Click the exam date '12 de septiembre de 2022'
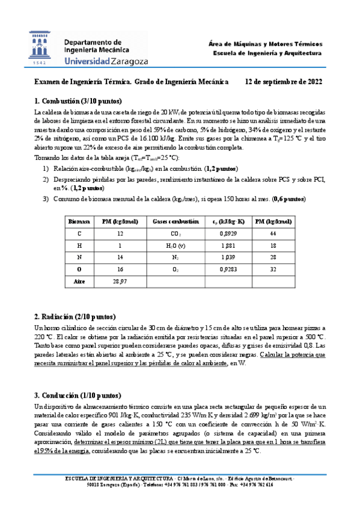coord(284,82)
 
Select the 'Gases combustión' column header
coord(177,221)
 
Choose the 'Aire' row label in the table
coord(79,280)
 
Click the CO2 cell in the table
coord(176,233)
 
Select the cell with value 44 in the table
coord(273,233)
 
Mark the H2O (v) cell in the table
coord(176,245)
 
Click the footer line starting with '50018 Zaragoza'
coord(180,485)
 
